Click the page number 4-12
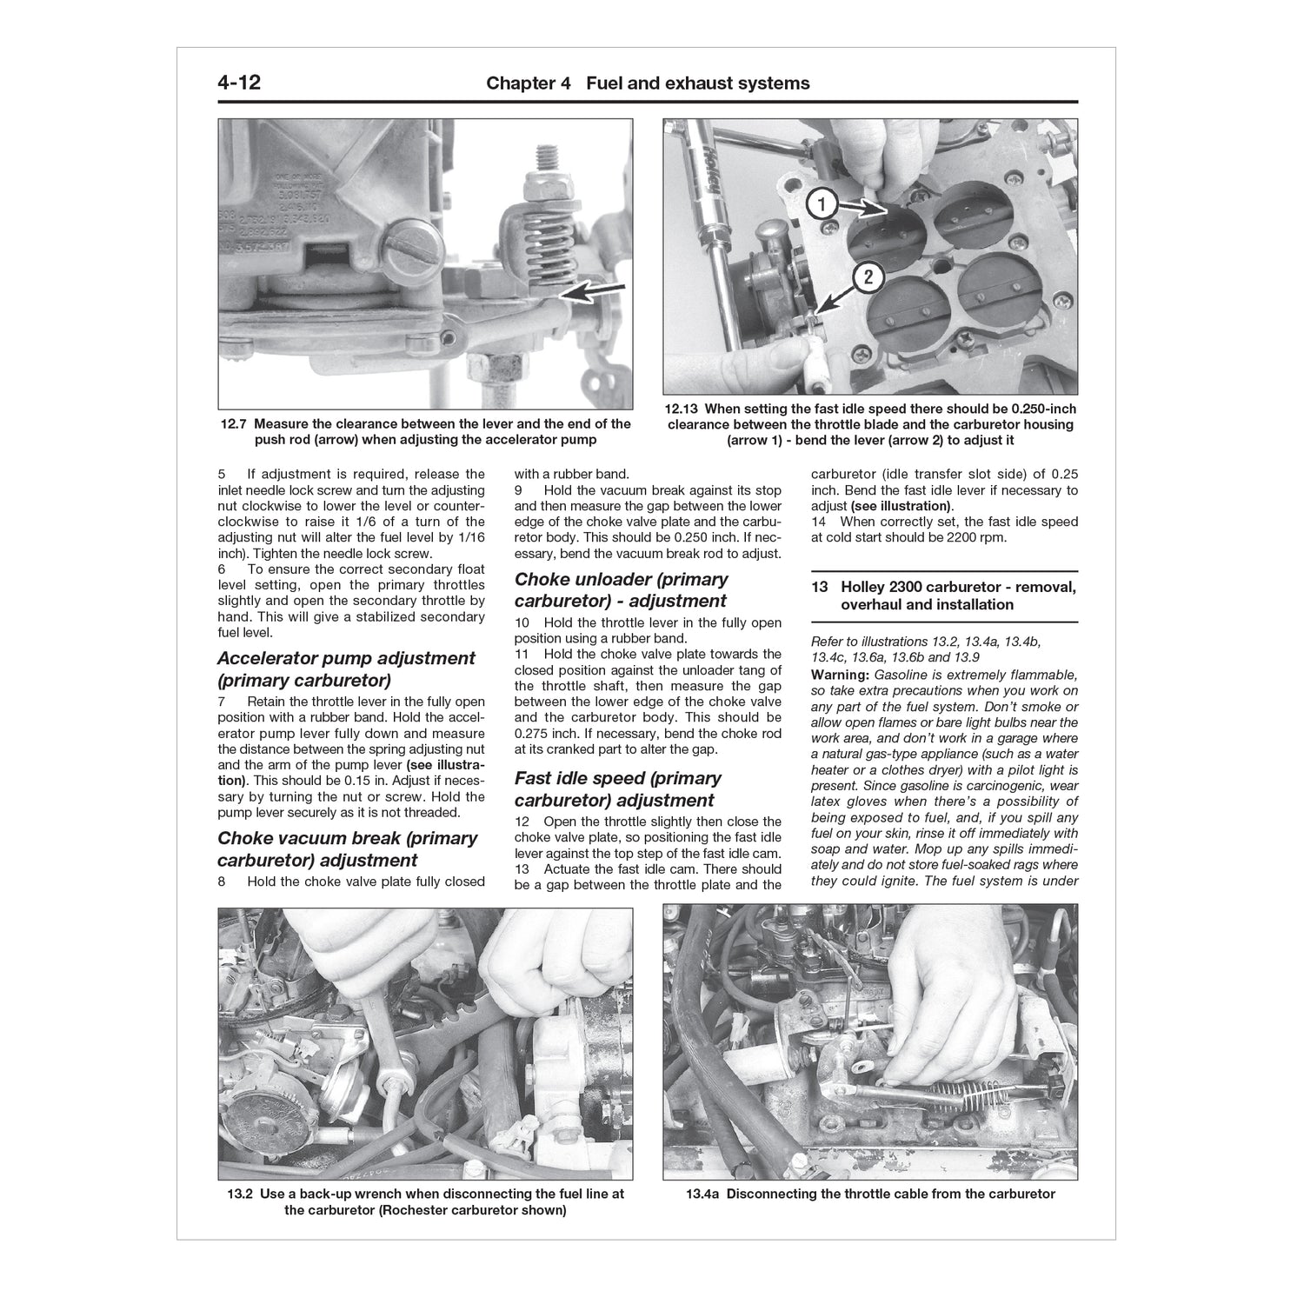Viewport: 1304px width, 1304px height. (239, 83)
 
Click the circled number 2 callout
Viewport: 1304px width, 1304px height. (868, 278)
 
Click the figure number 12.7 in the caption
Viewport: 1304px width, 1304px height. (234, 424)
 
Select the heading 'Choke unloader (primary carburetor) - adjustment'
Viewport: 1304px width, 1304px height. (621, 590)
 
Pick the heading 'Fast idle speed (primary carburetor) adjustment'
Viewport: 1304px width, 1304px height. (617, 789)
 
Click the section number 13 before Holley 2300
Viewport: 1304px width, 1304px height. (819, 588)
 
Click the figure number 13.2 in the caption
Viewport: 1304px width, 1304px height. (240, 1194)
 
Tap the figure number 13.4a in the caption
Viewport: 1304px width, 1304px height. (702, 1194)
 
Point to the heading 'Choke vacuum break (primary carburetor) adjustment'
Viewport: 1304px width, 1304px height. (348, 849)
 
